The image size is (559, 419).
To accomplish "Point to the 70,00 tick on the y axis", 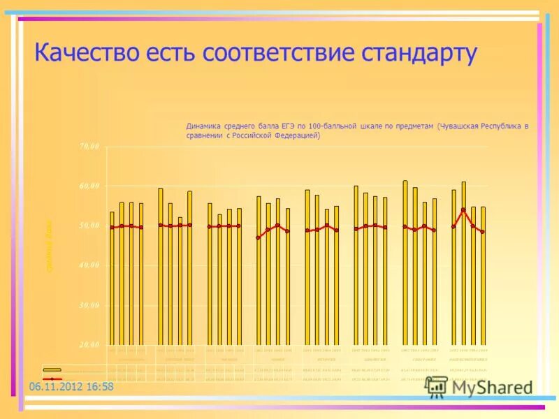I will click(89, 147).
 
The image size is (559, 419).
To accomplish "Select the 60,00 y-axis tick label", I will click(89, 186).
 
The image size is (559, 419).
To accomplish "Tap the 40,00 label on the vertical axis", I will click(89, 265).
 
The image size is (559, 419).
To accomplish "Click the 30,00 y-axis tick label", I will click(89, 305).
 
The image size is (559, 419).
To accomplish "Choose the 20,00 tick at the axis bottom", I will click(89, 345).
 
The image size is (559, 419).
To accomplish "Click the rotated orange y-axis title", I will click(50, 246).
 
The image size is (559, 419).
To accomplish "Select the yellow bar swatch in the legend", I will click(52, 369).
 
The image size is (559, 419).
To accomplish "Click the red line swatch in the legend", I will click(52, 379).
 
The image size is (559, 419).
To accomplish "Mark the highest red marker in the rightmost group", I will click(463, 209).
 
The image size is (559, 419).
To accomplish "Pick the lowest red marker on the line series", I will click(258, 237).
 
